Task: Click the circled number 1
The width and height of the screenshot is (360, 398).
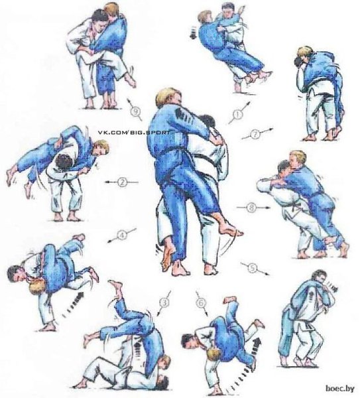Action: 237,115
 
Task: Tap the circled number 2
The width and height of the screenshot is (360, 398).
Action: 122,182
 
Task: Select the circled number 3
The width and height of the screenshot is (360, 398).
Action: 164,302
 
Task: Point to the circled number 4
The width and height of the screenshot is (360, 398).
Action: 122,235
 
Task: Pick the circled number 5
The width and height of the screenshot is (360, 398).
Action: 253,268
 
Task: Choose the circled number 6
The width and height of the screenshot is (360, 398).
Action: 201,302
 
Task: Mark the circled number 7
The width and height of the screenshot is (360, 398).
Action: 255,134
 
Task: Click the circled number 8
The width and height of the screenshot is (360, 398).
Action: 251,208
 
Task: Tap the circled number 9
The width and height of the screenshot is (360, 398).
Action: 136,111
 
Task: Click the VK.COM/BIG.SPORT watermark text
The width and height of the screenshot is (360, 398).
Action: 134,132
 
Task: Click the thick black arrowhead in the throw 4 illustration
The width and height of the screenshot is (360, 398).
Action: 80,296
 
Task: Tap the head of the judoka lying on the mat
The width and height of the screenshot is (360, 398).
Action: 162,383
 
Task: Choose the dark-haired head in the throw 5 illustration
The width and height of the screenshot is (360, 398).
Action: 319,277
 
